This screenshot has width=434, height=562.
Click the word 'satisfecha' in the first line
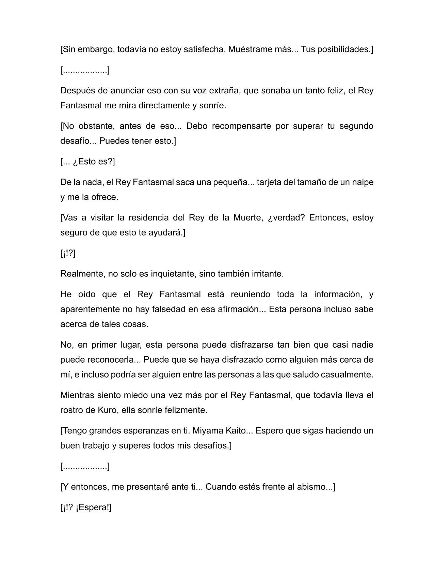pos(204,49)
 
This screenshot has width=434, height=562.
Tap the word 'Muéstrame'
pos(250,49)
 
